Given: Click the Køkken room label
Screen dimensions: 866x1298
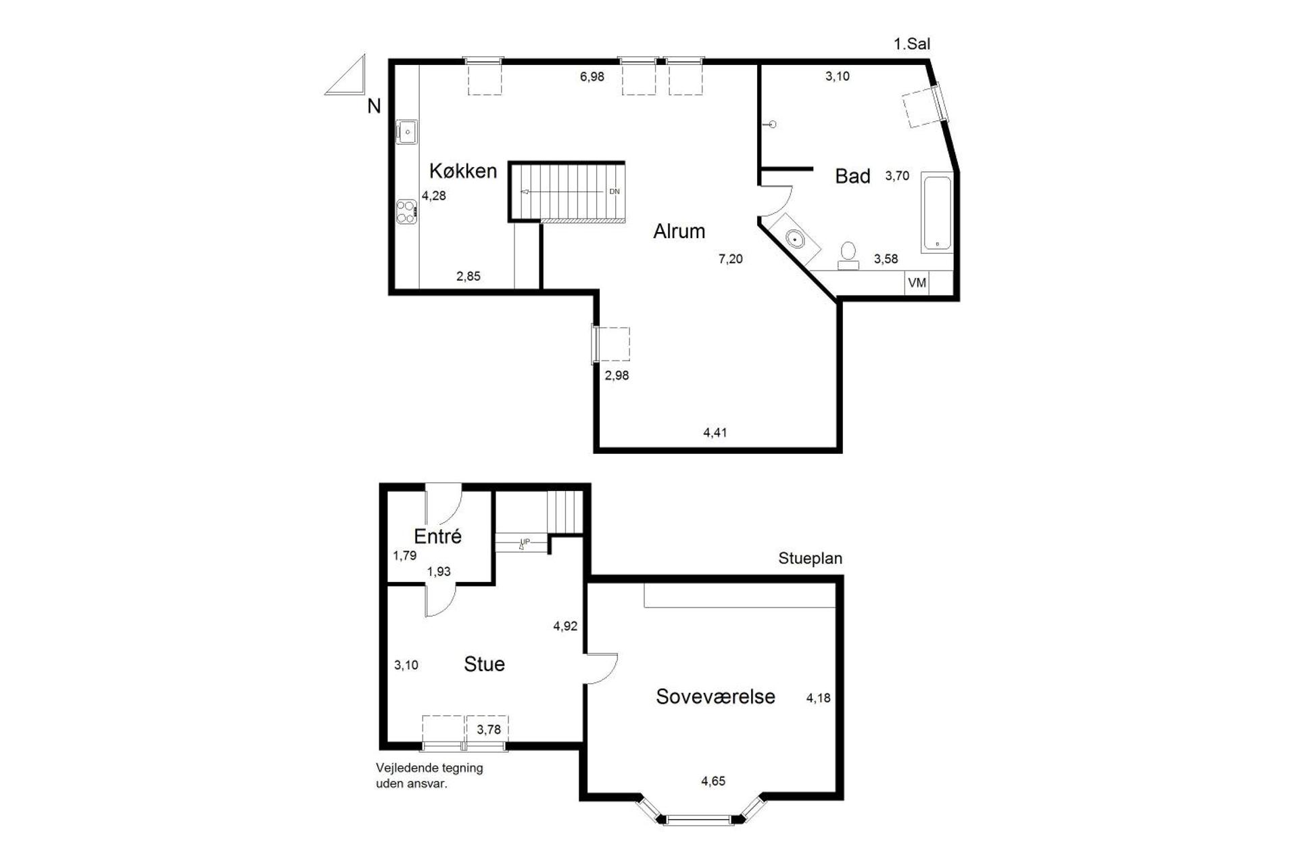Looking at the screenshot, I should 463,171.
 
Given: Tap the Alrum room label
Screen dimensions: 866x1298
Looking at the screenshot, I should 679,231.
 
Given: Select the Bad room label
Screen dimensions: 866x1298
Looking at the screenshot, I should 852,177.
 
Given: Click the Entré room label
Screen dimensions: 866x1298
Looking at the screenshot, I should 437,537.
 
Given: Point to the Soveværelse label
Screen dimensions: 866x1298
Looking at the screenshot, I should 715,697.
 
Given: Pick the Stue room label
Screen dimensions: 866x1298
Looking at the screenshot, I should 484,664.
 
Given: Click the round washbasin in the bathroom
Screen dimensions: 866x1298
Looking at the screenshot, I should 795,238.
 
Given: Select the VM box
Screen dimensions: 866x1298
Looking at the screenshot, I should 917,283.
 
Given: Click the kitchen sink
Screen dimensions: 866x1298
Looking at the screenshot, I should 406,132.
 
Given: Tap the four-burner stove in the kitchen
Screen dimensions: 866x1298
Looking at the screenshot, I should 406,212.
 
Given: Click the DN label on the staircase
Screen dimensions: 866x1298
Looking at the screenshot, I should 614,191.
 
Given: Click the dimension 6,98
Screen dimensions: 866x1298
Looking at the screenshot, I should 592,77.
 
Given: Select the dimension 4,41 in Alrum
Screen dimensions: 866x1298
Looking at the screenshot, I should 715,433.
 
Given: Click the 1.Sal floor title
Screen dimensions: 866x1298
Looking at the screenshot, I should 911,45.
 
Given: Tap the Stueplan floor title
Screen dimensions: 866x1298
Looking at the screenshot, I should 809,559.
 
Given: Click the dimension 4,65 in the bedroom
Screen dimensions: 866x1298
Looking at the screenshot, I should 713,781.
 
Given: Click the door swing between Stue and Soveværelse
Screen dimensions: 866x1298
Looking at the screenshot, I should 601,668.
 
